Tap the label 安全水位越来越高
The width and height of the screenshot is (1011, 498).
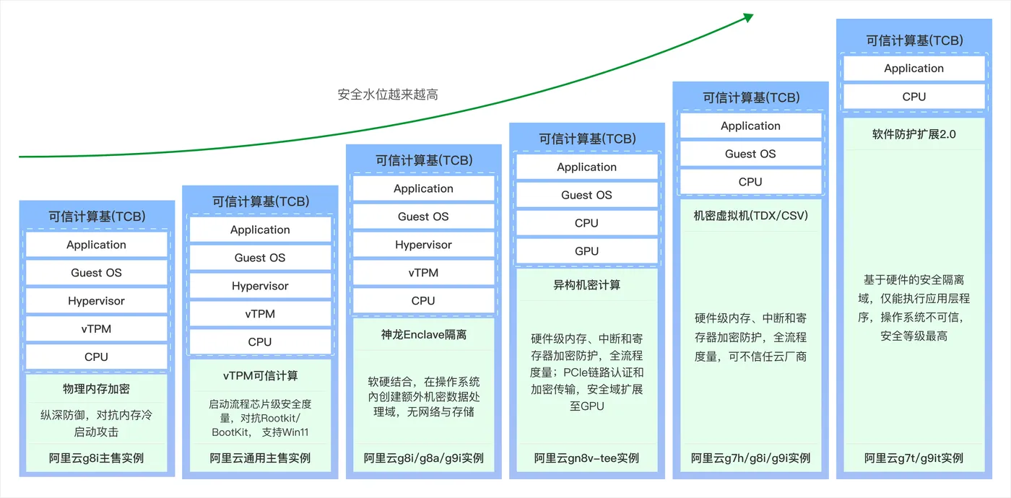388,95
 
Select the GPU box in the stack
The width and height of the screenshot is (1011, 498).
586,251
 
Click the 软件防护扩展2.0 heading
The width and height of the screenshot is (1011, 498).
914,134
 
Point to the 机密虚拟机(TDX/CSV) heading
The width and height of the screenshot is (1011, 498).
750,216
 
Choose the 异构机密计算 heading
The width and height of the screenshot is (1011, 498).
586,285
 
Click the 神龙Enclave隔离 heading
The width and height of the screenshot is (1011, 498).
423,335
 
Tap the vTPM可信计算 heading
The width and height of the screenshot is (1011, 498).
260,376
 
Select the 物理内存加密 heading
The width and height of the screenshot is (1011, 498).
96,389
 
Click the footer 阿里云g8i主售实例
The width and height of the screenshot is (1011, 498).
96,458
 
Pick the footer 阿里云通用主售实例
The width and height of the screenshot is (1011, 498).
260,458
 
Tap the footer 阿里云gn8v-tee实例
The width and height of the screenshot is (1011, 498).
586,458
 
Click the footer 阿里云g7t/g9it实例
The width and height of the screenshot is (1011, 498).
914,458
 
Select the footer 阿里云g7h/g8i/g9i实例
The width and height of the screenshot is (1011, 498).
750,458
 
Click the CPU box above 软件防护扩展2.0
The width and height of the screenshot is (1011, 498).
914,97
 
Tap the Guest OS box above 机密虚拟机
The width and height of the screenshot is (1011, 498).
750,154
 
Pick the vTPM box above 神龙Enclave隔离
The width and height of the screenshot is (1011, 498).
423,273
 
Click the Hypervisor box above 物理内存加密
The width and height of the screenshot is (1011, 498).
96,301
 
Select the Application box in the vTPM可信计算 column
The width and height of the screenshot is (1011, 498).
260,230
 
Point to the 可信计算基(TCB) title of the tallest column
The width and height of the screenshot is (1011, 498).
914,40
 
